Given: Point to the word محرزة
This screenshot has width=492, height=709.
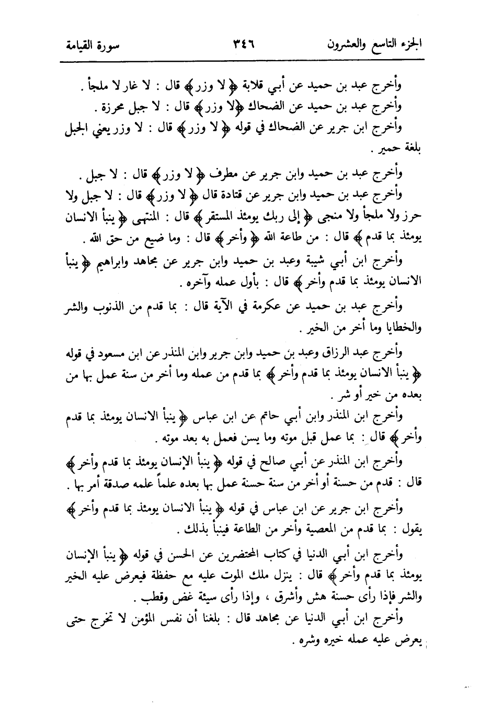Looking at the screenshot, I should (x=112, y=109).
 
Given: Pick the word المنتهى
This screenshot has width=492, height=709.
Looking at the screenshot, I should (x=138, y=218).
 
